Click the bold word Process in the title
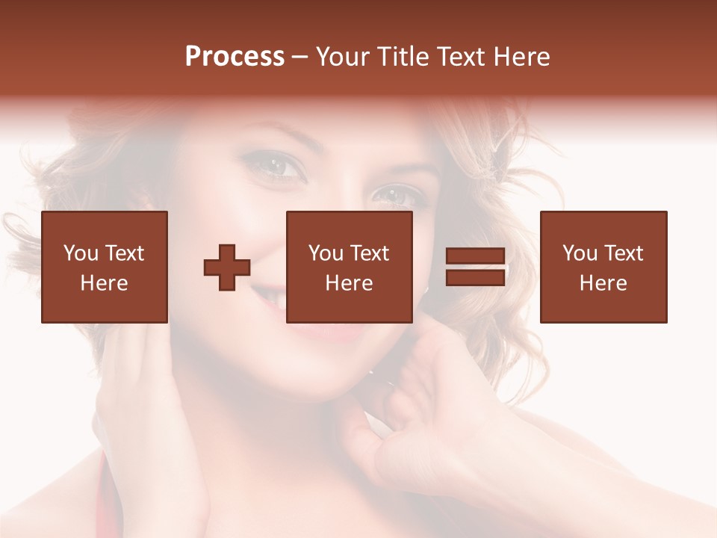[235, 57]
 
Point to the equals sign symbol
[475, 267]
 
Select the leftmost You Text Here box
[105, 267]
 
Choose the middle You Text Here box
[349, 267]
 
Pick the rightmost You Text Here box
[603, 267]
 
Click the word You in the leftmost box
[81, 253]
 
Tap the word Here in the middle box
[349, 283]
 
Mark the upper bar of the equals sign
[475, 256]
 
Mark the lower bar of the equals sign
[475, 277]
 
